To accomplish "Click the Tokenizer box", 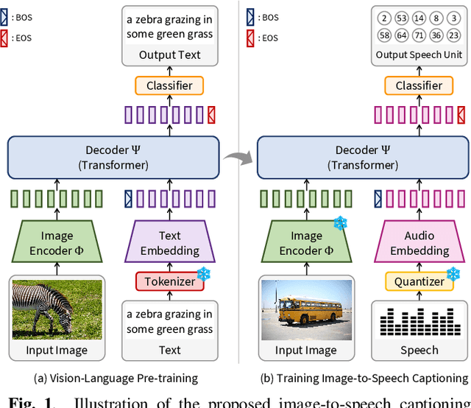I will click(169, 281).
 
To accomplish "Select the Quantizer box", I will click(418, 281).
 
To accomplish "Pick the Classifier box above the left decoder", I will click(170, 85).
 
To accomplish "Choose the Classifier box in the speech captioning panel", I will click(419, 85).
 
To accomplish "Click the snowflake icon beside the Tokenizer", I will click(208, 273).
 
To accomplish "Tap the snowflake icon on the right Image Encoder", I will click(339, 223).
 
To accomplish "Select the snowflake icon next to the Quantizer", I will click(457, 273).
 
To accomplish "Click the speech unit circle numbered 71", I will click(419, 35).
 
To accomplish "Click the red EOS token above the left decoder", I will click(211, 115).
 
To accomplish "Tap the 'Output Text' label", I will click(170, 54).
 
